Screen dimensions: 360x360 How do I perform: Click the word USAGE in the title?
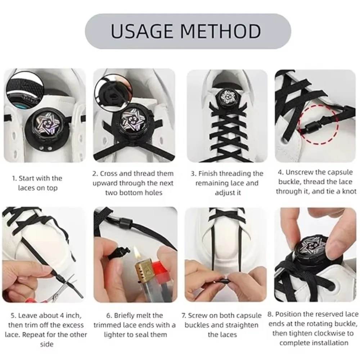[x=141, y=31]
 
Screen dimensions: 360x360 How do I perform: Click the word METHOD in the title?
[x=221, y=31]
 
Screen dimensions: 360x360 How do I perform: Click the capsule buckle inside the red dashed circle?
[x=314, y=126]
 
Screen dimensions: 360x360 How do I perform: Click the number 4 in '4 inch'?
[x=62, y=316]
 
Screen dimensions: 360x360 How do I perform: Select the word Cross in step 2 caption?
[x=109, y=174]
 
